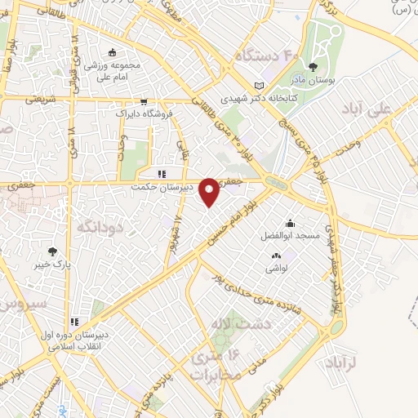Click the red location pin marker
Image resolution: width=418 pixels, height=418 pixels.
point(210,190)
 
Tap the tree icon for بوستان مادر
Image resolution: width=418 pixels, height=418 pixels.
point(315,68)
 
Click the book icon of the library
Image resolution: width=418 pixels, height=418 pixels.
point(260,85)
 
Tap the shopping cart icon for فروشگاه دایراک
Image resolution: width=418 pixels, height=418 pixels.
point(145,102)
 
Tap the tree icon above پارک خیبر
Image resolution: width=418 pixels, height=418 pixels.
point(53,251)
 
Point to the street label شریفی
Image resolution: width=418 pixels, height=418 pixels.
point(35,98)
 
